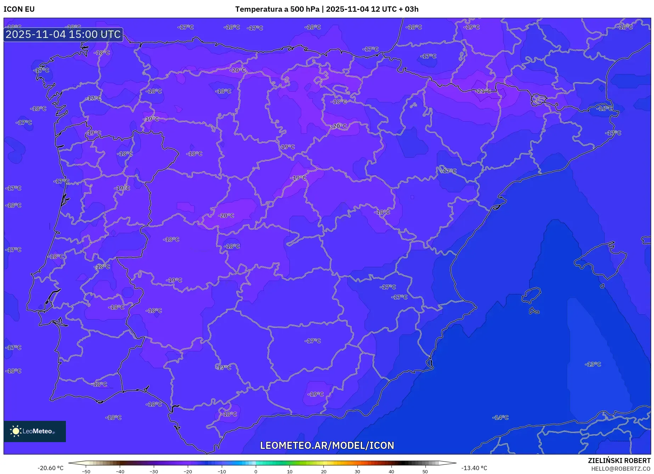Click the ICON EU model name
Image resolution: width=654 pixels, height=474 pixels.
click(19, 9)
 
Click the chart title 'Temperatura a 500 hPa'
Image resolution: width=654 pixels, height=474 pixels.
click(277, 9)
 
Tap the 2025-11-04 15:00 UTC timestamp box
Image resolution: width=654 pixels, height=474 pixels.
click(63, 35)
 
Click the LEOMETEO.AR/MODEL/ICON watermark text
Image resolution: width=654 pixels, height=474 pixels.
click(327, 445)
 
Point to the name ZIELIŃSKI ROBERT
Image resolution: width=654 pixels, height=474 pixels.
click(619, 461)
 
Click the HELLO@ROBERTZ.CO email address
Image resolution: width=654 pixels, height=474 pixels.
click(620, 469)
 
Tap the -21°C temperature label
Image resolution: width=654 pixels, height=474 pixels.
click(483, 91)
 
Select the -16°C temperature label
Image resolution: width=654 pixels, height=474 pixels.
click(604, 108)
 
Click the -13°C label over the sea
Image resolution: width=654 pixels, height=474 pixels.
click(593, 364)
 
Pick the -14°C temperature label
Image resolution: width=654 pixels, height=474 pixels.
click(500, 418)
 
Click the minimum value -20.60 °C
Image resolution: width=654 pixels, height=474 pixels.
click(51, 468)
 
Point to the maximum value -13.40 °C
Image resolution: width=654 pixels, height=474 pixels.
click(474, 468)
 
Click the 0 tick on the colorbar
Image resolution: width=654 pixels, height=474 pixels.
click(256, 472)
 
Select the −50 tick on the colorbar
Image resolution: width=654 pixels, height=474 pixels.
click(86, 472)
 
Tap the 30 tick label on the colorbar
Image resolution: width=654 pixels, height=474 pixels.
click(357, 472)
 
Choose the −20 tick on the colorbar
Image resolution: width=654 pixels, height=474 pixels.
click(188, 472)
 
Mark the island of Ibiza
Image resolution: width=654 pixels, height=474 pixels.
click(531, 295)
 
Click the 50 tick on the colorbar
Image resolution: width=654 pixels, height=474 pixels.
click(425, 472)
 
